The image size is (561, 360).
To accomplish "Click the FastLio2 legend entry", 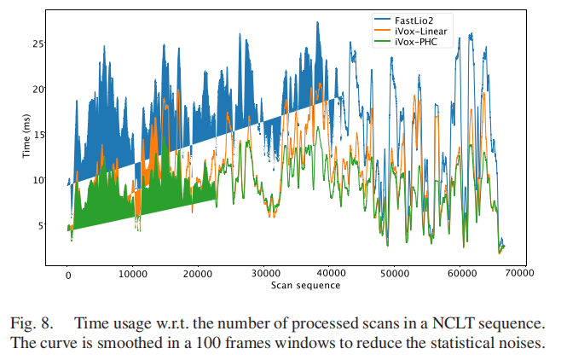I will point(411,20).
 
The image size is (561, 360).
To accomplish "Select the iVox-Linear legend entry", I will point(415,30).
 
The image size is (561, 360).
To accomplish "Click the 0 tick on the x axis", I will point(68,275).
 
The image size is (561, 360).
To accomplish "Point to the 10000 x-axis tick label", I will point(133,275).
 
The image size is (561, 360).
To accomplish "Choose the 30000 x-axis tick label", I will point(264,275).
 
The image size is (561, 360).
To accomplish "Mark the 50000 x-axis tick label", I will point(396,275).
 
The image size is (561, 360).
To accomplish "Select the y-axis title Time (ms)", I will point(26,138).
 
